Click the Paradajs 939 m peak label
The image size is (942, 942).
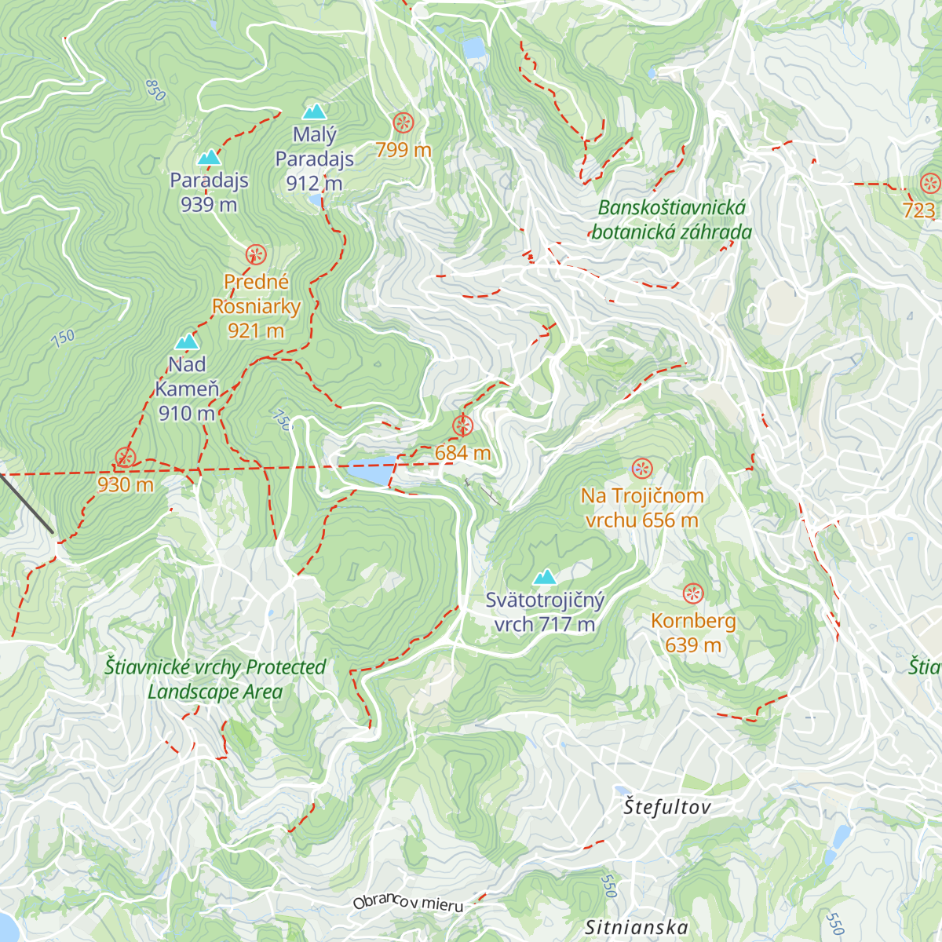pos(209,192)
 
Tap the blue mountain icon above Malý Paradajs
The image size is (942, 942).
pos(314,111)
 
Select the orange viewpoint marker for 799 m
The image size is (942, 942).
pos(403,122)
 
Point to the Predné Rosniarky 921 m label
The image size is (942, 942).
pos(256,306)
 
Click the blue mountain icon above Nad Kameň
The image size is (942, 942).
pos(187,341)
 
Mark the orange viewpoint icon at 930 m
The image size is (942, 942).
pos(125,458)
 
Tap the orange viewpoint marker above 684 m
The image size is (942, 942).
pos(462,426)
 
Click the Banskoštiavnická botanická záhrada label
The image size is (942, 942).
pos(671,220)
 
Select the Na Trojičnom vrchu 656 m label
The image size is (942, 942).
pos(641,508)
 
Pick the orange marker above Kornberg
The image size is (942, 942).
pos(693,593)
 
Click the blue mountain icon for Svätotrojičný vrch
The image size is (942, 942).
pos(544,578)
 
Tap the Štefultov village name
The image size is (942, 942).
pos(667,807)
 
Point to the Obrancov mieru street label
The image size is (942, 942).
pos(408,903)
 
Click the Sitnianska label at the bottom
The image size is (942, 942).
pos(637,928)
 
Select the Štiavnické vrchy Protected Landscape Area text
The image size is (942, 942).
pos(215,679)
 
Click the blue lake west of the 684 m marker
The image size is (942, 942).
pos(366,470)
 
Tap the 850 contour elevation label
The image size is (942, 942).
pos(155,90)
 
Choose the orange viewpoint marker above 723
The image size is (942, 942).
pos(930,184)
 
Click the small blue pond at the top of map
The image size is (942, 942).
pos(474,49)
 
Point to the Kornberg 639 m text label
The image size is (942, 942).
pos(693,633)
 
